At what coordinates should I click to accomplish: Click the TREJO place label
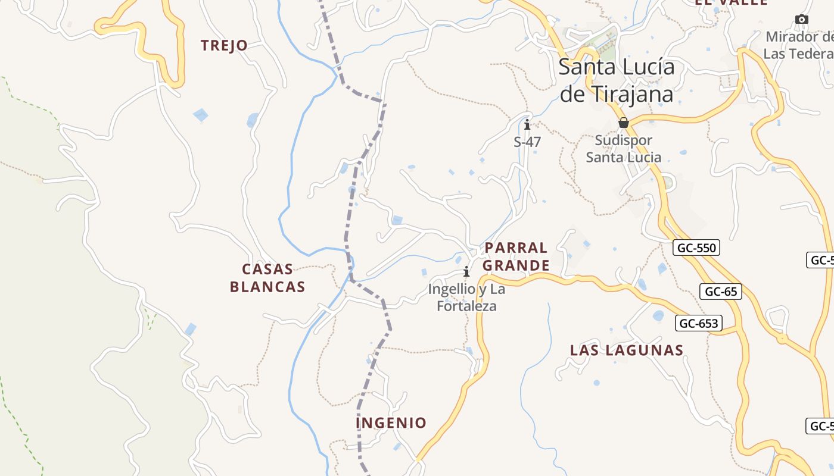click(224, 45)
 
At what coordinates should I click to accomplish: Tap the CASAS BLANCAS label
click(267, 278)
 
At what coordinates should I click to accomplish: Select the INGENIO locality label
click(391, 423)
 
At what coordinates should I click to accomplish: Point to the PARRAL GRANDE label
click(516, 256)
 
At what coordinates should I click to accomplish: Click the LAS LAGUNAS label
click(627, 350)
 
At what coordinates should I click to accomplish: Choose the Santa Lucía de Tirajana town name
click(617, 80)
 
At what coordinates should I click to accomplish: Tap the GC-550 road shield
click(696, 248)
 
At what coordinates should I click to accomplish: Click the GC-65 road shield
click(721, 292)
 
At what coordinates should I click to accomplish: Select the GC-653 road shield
click(698, 323)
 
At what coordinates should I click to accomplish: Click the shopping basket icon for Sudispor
click(624, 123)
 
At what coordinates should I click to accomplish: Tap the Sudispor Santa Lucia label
click(624, 149)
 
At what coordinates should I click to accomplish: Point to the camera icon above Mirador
click(802, 20)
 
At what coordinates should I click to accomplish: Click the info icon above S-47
click(527, 125)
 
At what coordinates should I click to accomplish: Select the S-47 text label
click(527, 142)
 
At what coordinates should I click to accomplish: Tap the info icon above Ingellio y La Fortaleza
click(466, 272)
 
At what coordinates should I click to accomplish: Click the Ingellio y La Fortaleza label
click(466, 297)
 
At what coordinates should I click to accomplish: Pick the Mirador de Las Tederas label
click(799, 45)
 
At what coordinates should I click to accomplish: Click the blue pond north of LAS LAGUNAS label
click(658, 315)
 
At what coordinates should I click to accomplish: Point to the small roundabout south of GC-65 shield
click(781, 339)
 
